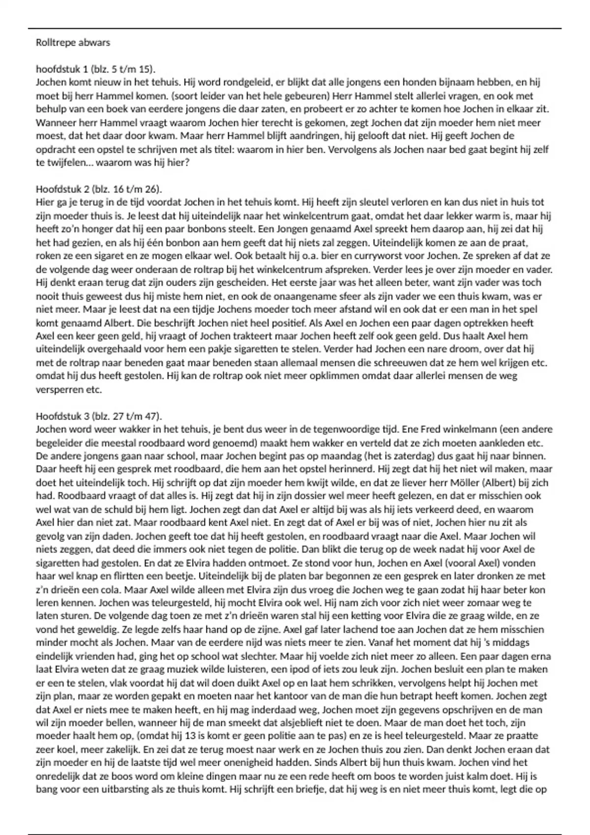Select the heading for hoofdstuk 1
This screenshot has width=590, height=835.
pos(95,69)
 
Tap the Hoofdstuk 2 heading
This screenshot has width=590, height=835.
pos(99,189)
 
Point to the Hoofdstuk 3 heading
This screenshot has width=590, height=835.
pos(99,416)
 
